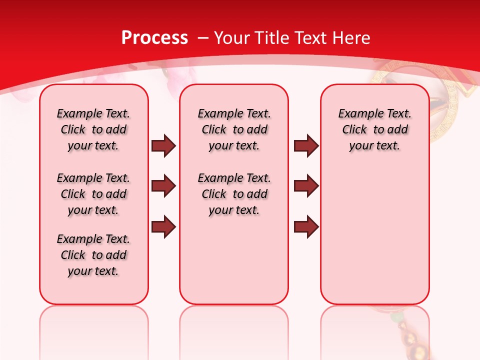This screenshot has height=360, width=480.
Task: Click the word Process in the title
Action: (154, 37)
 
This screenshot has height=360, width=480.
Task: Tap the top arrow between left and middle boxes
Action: (163, 145)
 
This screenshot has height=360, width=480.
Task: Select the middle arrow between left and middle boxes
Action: (163, 186)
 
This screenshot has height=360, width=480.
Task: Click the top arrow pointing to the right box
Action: (306, 145)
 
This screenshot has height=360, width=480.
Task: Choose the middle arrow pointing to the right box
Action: (306, 186)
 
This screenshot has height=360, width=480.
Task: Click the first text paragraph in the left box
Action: (93, 129)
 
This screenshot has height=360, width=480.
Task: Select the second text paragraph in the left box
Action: (93, 194)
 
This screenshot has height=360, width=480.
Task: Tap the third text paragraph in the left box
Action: (93, 255)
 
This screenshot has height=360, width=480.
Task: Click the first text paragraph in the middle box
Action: (234, 129)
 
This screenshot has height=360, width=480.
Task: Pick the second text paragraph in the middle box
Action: (234, 194)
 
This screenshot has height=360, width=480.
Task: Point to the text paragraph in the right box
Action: (374, 129)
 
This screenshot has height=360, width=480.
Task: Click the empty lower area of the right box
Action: (374, 235)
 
